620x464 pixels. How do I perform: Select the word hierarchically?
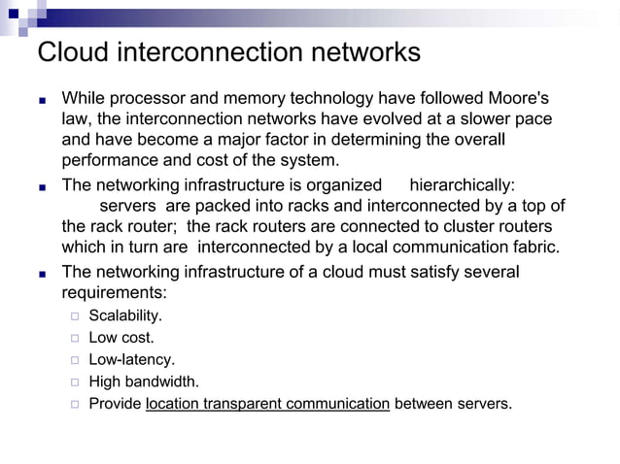(x=462, y=184)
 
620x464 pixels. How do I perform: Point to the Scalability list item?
(x=124, y=315)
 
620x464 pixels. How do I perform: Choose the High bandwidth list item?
(x=143, y=381)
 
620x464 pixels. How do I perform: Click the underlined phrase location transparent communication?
(x=267, y=403)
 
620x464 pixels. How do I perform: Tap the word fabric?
(x=534, y=247)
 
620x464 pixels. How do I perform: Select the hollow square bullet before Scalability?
(x=74, y=316)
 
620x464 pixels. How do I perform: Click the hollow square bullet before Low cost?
(x=74, y=338)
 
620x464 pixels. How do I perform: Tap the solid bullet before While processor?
(x=42, y=100)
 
